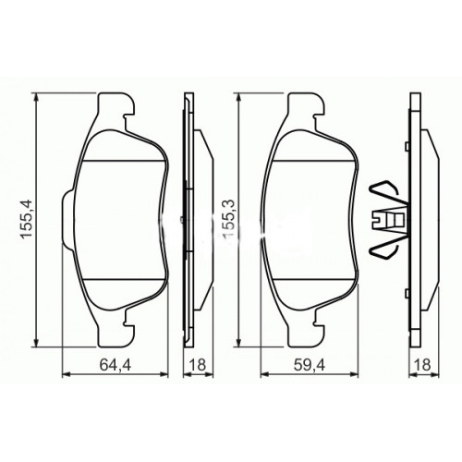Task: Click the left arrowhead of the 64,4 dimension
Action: pyautogui.click(x=64, y=373)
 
